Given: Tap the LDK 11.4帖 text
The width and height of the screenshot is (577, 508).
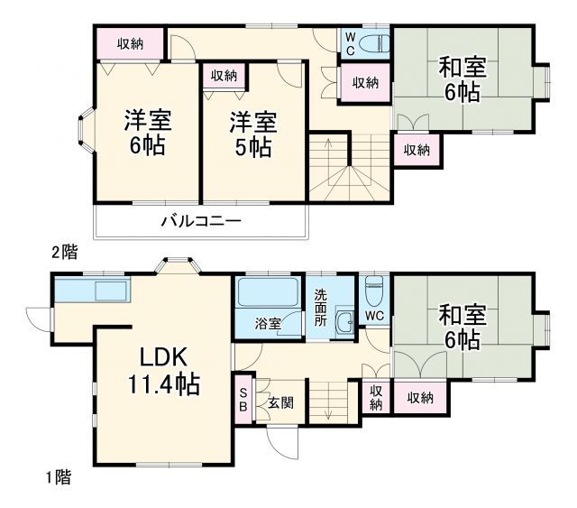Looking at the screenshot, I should (x=163, y=369).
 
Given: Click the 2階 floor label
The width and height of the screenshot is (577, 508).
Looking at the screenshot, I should (x=63, y=254).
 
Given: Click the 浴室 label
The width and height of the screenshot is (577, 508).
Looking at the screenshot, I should (x=267, y=322).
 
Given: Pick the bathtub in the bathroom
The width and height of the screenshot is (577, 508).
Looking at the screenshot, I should (x=267, y=292).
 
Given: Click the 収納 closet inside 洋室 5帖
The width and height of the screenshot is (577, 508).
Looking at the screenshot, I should (x=224, y=76).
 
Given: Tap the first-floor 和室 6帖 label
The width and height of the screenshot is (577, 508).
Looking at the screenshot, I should (x=463, y=327).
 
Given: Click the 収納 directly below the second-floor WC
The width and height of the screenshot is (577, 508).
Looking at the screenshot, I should (x=364, y=83).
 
